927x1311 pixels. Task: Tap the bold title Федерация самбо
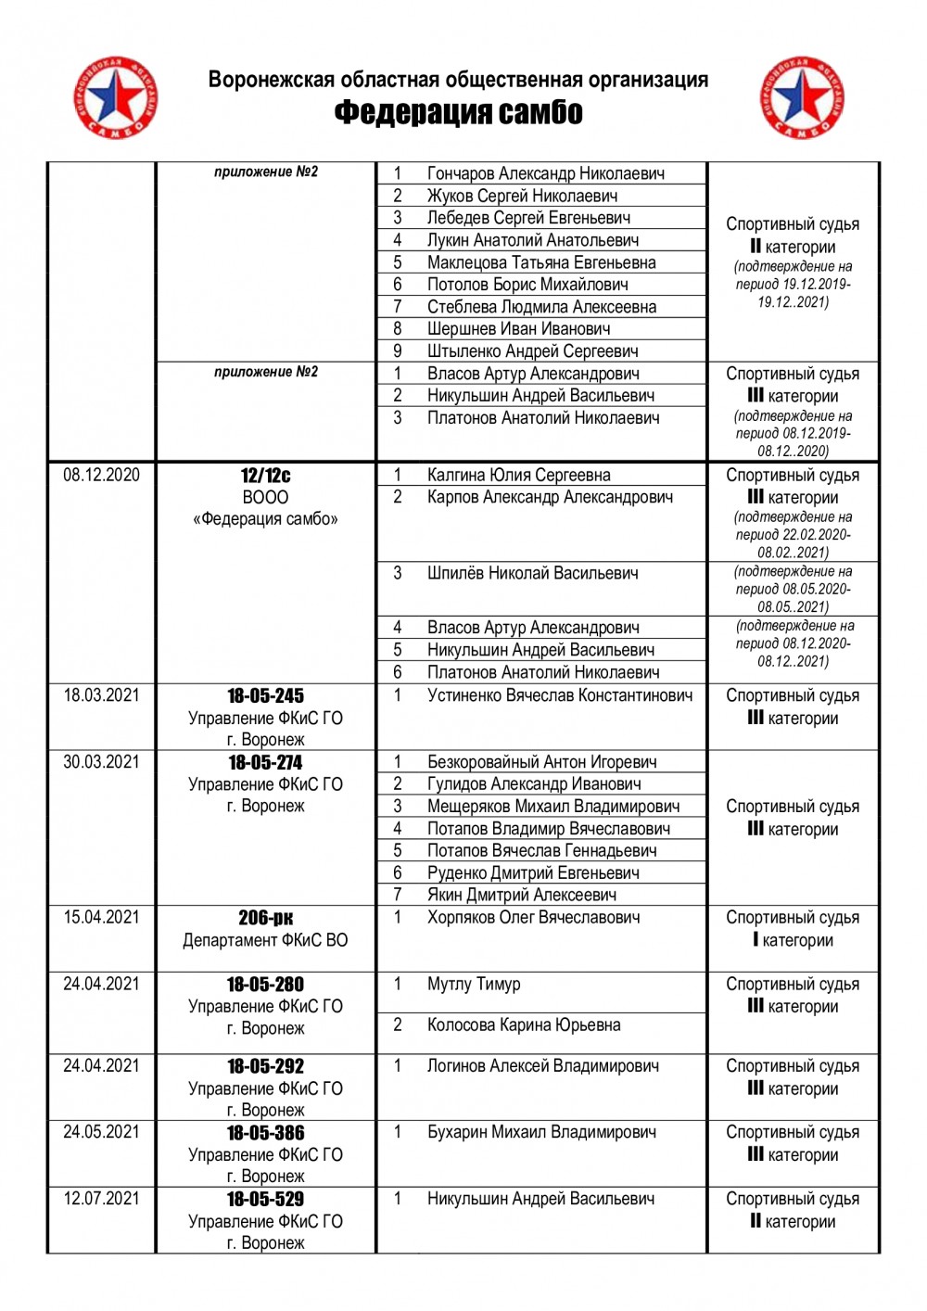(x=458, y=113)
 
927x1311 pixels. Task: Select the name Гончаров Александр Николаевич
(x=545, y=173)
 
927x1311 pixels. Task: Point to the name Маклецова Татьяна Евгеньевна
(x=541, y=262)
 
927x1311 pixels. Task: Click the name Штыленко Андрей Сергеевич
(x=532, y=351)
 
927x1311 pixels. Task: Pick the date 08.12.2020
(x=101, y=476)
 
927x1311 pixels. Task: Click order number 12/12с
(x=265, y=476)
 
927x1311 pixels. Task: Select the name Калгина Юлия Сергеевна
(x=518, y=476)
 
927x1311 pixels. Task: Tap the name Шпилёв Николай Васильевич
(x=532, y=574)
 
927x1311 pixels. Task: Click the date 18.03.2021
(x=101, y=695)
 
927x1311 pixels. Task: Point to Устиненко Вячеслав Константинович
(x=559, y=695)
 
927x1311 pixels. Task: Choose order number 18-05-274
(x=265, y=762)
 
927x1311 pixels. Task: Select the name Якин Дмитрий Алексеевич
(x=521, y=896)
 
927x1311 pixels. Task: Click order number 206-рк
(x=265, y=918)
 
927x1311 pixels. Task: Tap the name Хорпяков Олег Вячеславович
(x=533, y=918)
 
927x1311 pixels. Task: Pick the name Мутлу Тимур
(x=474, y=985)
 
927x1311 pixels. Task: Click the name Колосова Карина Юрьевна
(x=524, y=1025)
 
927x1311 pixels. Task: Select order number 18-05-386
(x=265, y=1133)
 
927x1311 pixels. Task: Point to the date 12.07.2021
(x=101, y=1199)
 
